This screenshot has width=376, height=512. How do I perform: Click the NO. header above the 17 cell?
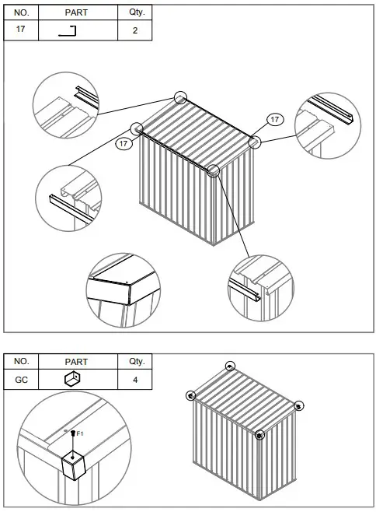pyautogui.click(x=22, y=13)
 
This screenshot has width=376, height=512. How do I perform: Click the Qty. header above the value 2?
pyautogui.click(x=135, y=13)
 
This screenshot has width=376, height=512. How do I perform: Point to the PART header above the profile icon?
pyautogui.click(x=78, y=13)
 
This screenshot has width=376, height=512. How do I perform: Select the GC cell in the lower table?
pyautogui.click(x=22, y=380)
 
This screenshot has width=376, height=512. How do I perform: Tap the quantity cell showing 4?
pyautogui.click(x=135, y=380)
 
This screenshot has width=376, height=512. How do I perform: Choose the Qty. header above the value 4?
pyautogui.click(x=135, y=362)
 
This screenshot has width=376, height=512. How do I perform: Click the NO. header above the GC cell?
pyautogui.click(x=22, y=362)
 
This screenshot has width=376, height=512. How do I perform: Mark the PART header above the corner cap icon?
pyautogui.click(x=78, y=362)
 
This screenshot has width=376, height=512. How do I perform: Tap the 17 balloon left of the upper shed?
pyautogui.click(x=122, y=143)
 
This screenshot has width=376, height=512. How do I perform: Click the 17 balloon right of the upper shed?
pyautogui.click(x=274, y=119)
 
